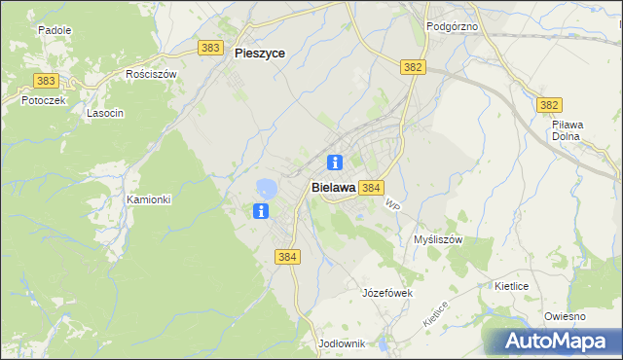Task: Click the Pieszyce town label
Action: click(260, 54)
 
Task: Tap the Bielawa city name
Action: click(332, 187)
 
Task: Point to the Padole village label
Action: click(55, 30)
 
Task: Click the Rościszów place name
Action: click(151, 74)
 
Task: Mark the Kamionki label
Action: click(149, 199)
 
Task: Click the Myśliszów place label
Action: click(437, 239)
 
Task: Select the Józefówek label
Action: click(388, 293)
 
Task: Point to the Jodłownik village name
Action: click(342, 344)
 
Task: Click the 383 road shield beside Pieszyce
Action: click(209, 48)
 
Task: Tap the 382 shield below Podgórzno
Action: click(413, 65)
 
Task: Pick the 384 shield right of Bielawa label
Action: click(371, 187)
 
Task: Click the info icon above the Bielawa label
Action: click(335, 162)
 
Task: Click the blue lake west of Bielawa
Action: click(265, 187)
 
